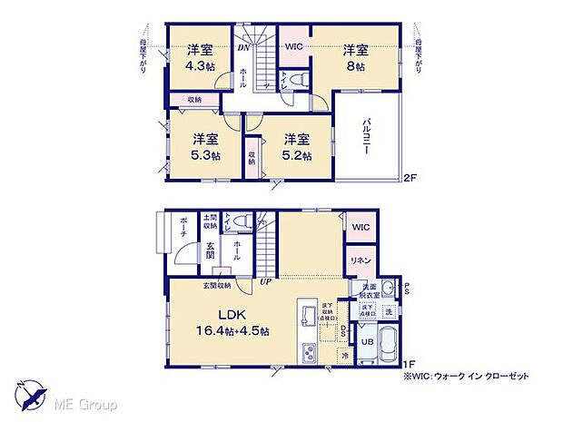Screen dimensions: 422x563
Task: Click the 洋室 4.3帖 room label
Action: [200, 56]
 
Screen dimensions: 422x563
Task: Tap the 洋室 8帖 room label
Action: [355, 57]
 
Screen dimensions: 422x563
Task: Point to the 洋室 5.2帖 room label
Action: [296, 147]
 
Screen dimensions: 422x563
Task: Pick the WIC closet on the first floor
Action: [361, 227]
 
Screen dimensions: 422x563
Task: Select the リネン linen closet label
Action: [360, 260]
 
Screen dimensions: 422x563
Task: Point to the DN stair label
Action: [243, 47]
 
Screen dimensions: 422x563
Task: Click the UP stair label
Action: [267, 282]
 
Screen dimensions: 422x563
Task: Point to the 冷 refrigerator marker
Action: [345, 356]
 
